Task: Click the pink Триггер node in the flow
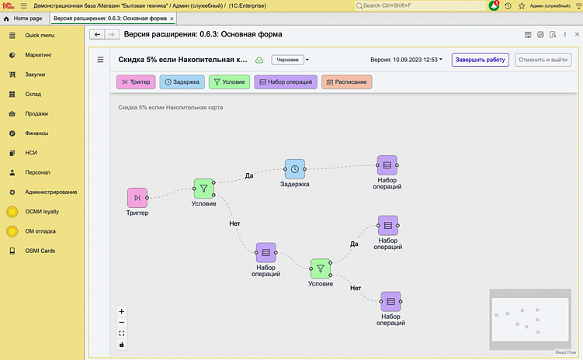tap(137, 198)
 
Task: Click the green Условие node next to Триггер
tap(203, 189)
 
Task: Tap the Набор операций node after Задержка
tap(387, 165)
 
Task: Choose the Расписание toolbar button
tap(346, 81)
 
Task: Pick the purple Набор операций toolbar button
tap(286, 81)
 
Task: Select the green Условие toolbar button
tap(229, 81)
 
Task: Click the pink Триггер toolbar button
tap(136, 81)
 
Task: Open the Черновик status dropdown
tap(290, 60)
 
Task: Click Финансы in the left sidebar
tap(36, 133)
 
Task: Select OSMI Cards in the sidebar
tap(40, 251)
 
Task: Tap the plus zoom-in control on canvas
tap(122, 311)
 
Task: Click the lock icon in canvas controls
tap(122, 344)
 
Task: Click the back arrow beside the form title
tap(97, 34)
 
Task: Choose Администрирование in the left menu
tap(50, 192)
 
